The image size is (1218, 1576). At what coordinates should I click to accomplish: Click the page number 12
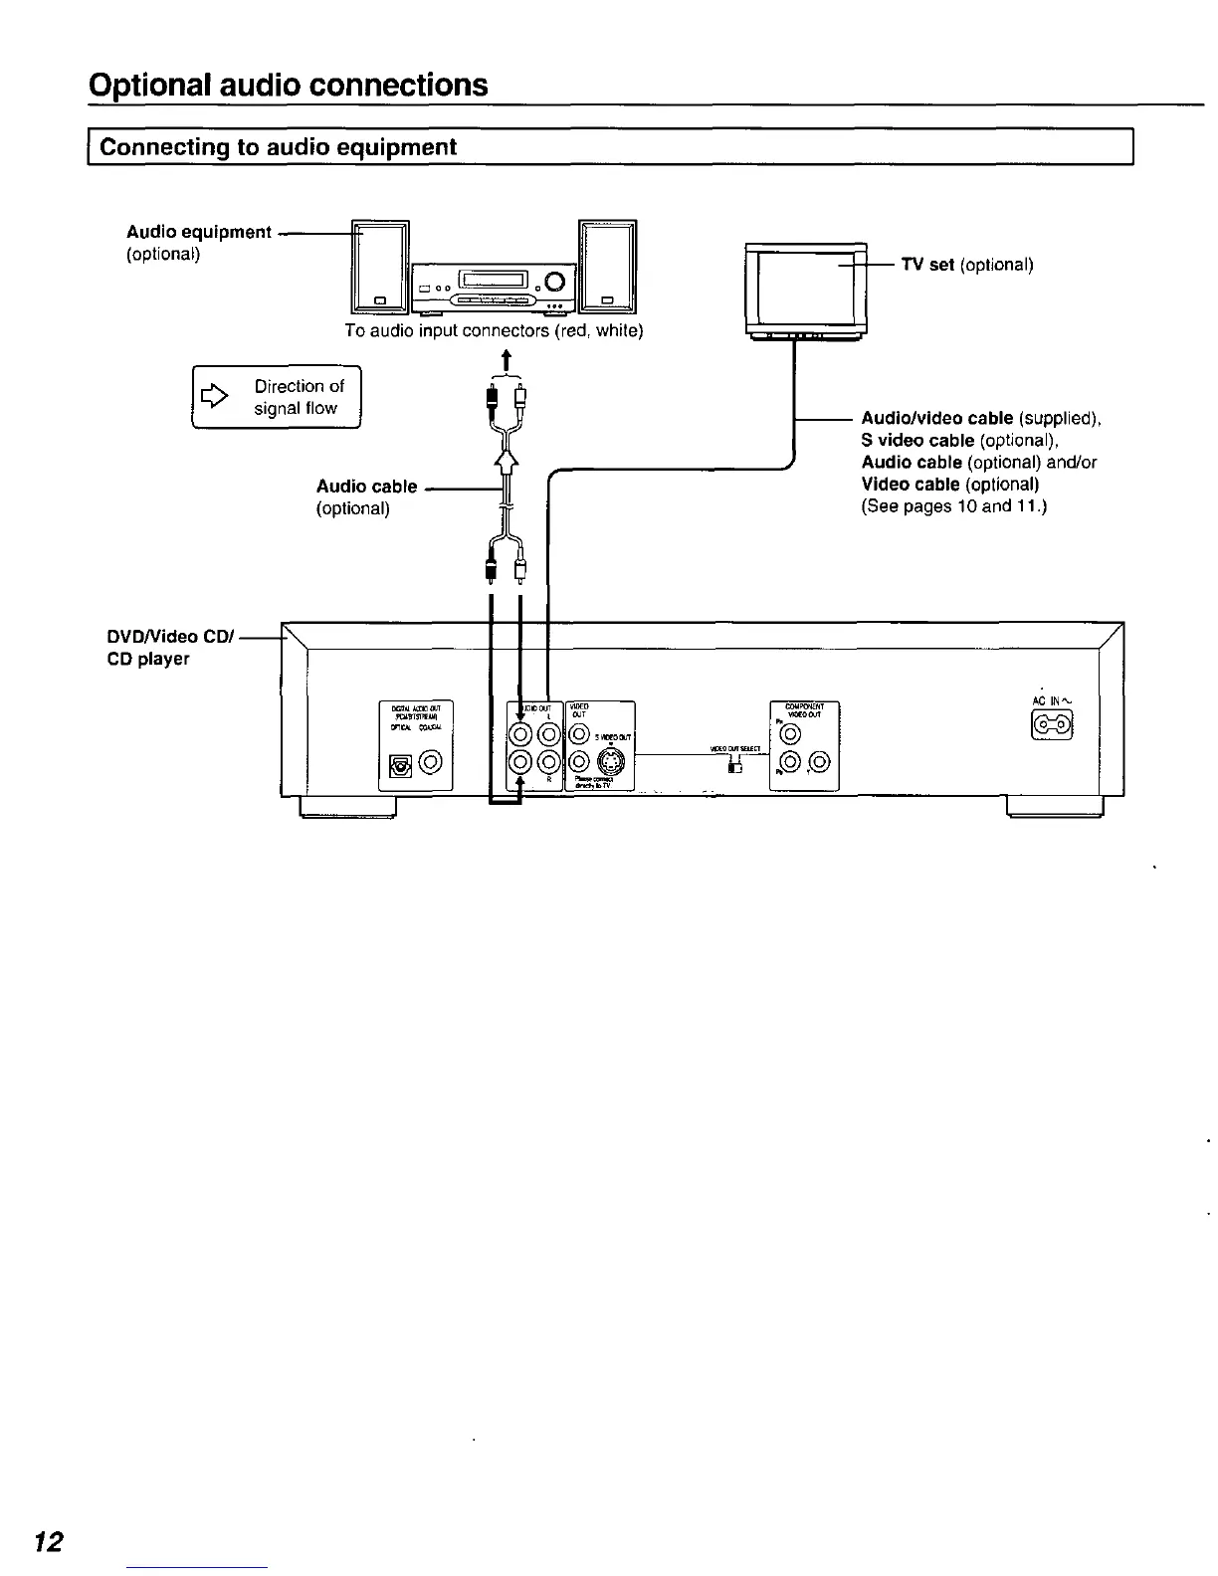coord(49,1542)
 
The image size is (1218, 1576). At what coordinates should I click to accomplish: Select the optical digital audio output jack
coord(401,765)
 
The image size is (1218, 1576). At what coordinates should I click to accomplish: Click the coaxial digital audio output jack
coord(431,764)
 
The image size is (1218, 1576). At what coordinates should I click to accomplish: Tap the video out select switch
coord(735,765)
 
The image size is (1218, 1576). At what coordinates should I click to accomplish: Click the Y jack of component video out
coord(790,734)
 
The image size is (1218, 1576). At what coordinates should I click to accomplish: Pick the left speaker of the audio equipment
coord(379,267)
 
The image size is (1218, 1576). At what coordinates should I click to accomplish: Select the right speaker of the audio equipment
coord(606,267)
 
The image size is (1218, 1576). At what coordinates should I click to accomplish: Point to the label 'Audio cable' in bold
coord(366,487)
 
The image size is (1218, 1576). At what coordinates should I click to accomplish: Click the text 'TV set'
coord(928,265)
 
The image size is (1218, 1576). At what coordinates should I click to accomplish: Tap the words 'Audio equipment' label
coord(199,232)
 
